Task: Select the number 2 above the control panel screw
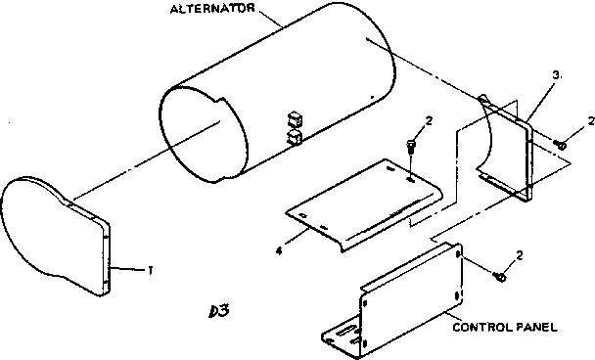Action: point(519,256)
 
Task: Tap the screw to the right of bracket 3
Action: point(560,145)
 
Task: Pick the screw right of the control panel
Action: point(500,277)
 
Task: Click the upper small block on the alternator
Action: point(294,119)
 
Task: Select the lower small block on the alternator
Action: point(294,139)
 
